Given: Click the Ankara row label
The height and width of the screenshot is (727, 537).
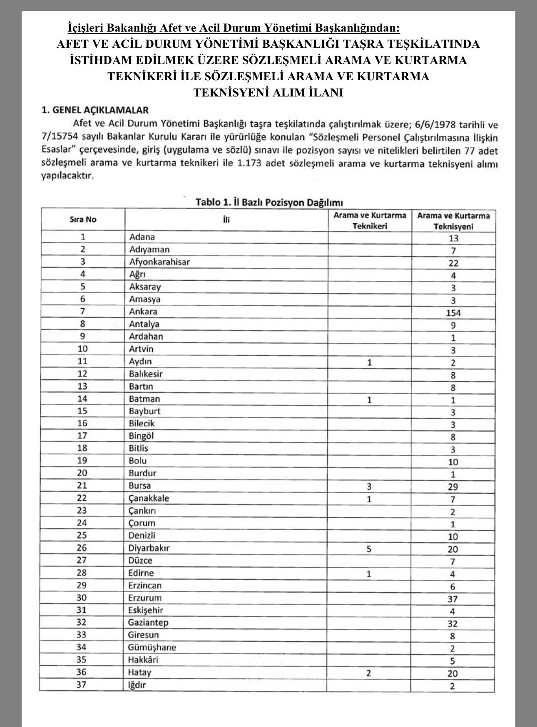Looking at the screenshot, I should [x=143, y=312].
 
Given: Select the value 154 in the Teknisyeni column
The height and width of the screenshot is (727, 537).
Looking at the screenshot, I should [x=453, y=313].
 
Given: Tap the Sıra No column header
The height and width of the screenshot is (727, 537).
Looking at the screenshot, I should [x=83, y=220].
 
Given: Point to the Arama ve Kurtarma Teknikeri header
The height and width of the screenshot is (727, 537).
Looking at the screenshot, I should [x=370, y=220].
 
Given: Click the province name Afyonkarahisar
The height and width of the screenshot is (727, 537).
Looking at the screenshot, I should [x=159, y=262].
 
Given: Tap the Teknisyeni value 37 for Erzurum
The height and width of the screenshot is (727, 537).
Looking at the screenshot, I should [x=453, y=599].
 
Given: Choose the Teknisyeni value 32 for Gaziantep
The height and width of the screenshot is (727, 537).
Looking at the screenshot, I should [x=453, y=624].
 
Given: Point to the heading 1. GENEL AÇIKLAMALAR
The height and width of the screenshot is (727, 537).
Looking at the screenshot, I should [x=95, y=110].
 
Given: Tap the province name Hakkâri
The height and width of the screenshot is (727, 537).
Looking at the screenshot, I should [x=144, y=660].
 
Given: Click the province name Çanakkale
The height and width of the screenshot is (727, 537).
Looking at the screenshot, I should [x=149, y=498].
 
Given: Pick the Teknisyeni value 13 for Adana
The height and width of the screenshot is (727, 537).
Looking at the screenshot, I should [x=453, y=238].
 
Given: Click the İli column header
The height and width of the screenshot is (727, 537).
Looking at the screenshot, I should [x=226, y=220].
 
